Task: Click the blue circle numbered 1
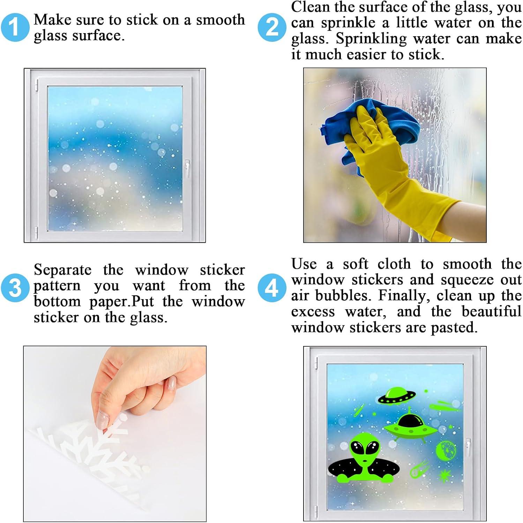click(x=15, y=27)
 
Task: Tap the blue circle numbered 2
click(x=272, y=27)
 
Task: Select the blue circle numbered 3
click(x=15, y=288)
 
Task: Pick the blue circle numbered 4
click(x=272, y=288)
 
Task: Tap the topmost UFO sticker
click(x=397, y=396)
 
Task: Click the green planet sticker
click(x=445, y=450)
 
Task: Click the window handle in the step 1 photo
click(x=187, y=169)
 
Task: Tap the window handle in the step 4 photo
click(x=468, y=448)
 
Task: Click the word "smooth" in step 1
click(x=220, y=20)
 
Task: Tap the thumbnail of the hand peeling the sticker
click(x=115, y=434)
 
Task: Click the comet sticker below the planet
click(x=419, y=469)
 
